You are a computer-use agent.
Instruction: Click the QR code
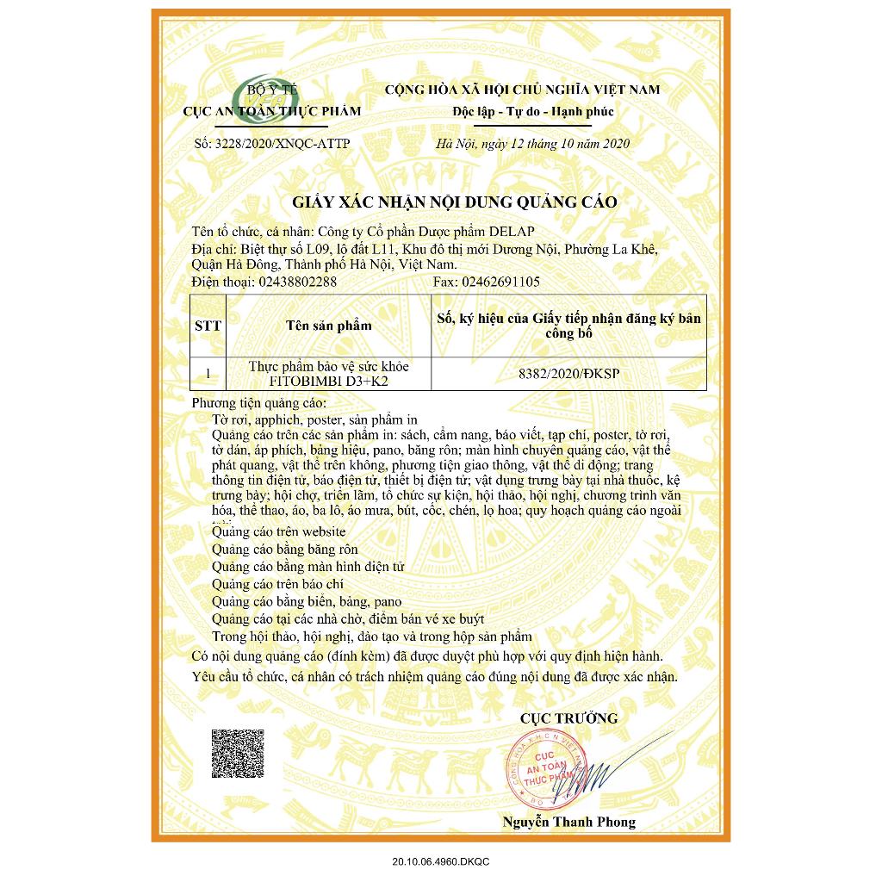coord(238,754)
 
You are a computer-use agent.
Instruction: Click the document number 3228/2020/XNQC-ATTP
coord(274,143)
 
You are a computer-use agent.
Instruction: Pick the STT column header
coord(208,326)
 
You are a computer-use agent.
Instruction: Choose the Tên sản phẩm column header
coord(328,326)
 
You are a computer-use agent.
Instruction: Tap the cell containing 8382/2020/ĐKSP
coord(569,374)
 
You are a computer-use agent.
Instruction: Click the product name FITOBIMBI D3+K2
coord(328,380)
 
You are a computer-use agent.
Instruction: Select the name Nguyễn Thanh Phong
coord(568,822)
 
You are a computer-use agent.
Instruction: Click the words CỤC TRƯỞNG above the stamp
coord(568,718)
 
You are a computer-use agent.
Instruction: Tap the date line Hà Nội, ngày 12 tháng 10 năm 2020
coord(533,143)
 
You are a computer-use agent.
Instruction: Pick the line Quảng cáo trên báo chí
coord(271,584)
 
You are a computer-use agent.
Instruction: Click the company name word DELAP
coord(511,231)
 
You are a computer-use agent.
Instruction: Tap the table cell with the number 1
coord(208,374)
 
